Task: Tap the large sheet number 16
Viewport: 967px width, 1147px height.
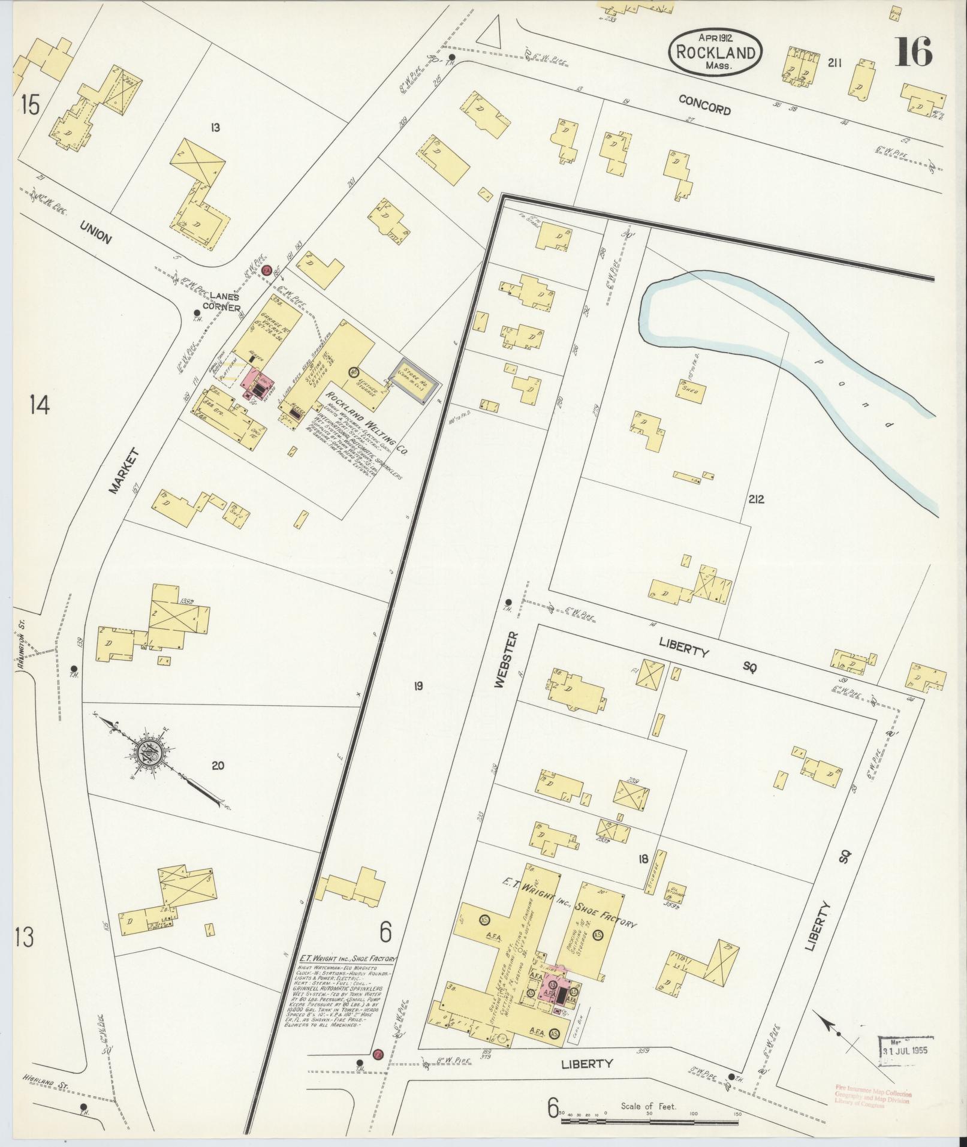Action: tap(913, 53)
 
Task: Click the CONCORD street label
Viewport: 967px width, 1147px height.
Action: tap(704, 105)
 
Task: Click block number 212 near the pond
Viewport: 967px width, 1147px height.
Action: tap(756, 499)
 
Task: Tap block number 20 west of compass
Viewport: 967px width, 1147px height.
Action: tap(218, 765)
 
